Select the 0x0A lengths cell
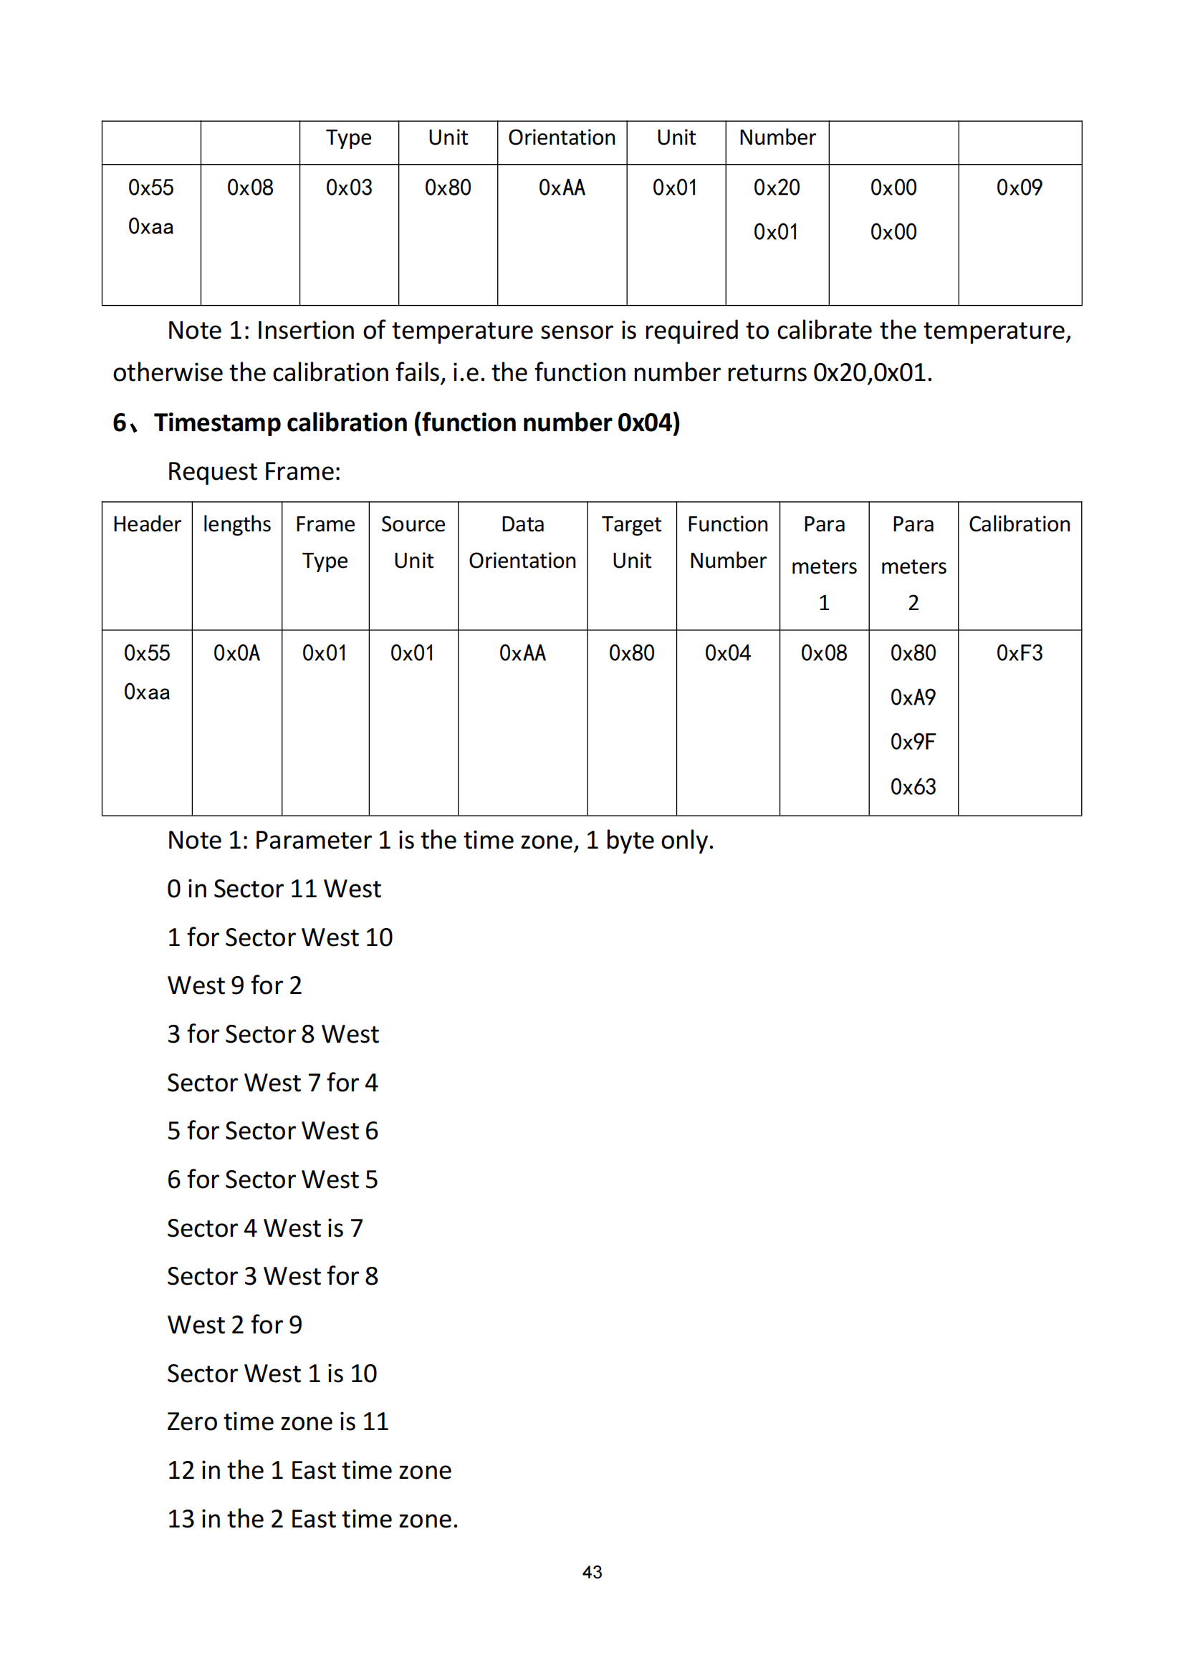(x=236, y=653)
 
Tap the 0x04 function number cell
(x=726, y=653)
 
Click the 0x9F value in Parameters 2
(x=912, y=742)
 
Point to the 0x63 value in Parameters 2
(x=912, y=786)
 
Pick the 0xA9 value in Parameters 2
(x=912, y=697)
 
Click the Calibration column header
(x=1019, y=524)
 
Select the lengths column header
(x=236, y=524)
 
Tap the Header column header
(x=147, y=524)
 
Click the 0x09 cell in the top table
(x=1019, y=188)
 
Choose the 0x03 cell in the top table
(x=349, y=188)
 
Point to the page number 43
(x=592, y=1572)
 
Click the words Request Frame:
(x=254, y=472)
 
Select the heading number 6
(x=120, y=423)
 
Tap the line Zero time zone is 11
(x=277, y=1422)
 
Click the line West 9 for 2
(x=234, y=985)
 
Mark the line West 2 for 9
(x=234, y=1325)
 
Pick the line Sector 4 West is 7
(x=265, y=1229)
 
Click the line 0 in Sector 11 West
(x=274, y=889)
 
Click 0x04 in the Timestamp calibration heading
(x=648, y=423)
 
